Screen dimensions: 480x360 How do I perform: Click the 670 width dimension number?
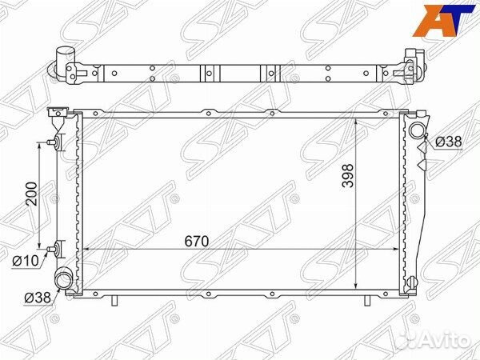(197, 242)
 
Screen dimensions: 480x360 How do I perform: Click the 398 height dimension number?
(348, 176)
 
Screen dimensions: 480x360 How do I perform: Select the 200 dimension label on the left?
(31, 194)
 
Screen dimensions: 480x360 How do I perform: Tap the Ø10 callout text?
(26, 261)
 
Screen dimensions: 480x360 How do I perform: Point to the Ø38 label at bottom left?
(38, 298)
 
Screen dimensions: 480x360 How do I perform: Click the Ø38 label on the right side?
(449, 142)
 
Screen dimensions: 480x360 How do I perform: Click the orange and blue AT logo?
(443, 21)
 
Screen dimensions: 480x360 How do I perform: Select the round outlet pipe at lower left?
(63, 278)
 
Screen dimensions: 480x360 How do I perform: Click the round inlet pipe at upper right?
(417, 130)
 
